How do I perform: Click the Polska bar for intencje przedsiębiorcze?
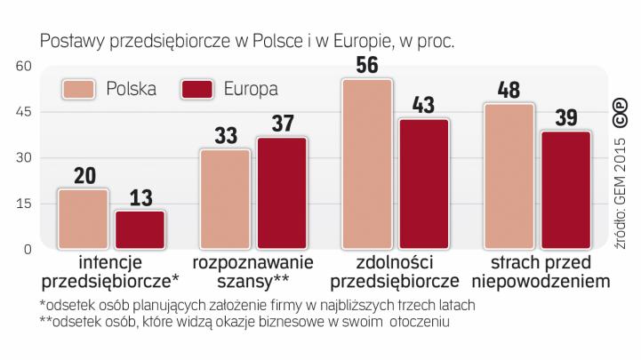click(x=83, y=220)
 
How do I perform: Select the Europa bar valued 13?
click(x=140, y=230)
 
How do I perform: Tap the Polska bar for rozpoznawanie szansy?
click(x=225, y=199)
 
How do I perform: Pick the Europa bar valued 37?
click(x=282, y=193)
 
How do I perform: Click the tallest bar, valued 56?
click(x=367, y=164)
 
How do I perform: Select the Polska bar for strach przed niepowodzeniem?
click(x=509, y=176)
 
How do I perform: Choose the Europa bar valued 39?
click(x=566, y=190)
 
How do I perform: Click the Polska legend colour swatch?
click(x=79, y=89)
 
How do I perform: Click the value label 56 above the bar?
click(x=367, y=65)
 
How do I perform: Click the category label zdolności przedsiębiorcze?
click(x=395, y=273)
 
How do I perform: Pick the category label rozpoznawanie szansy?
click(x=253, y=273)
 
